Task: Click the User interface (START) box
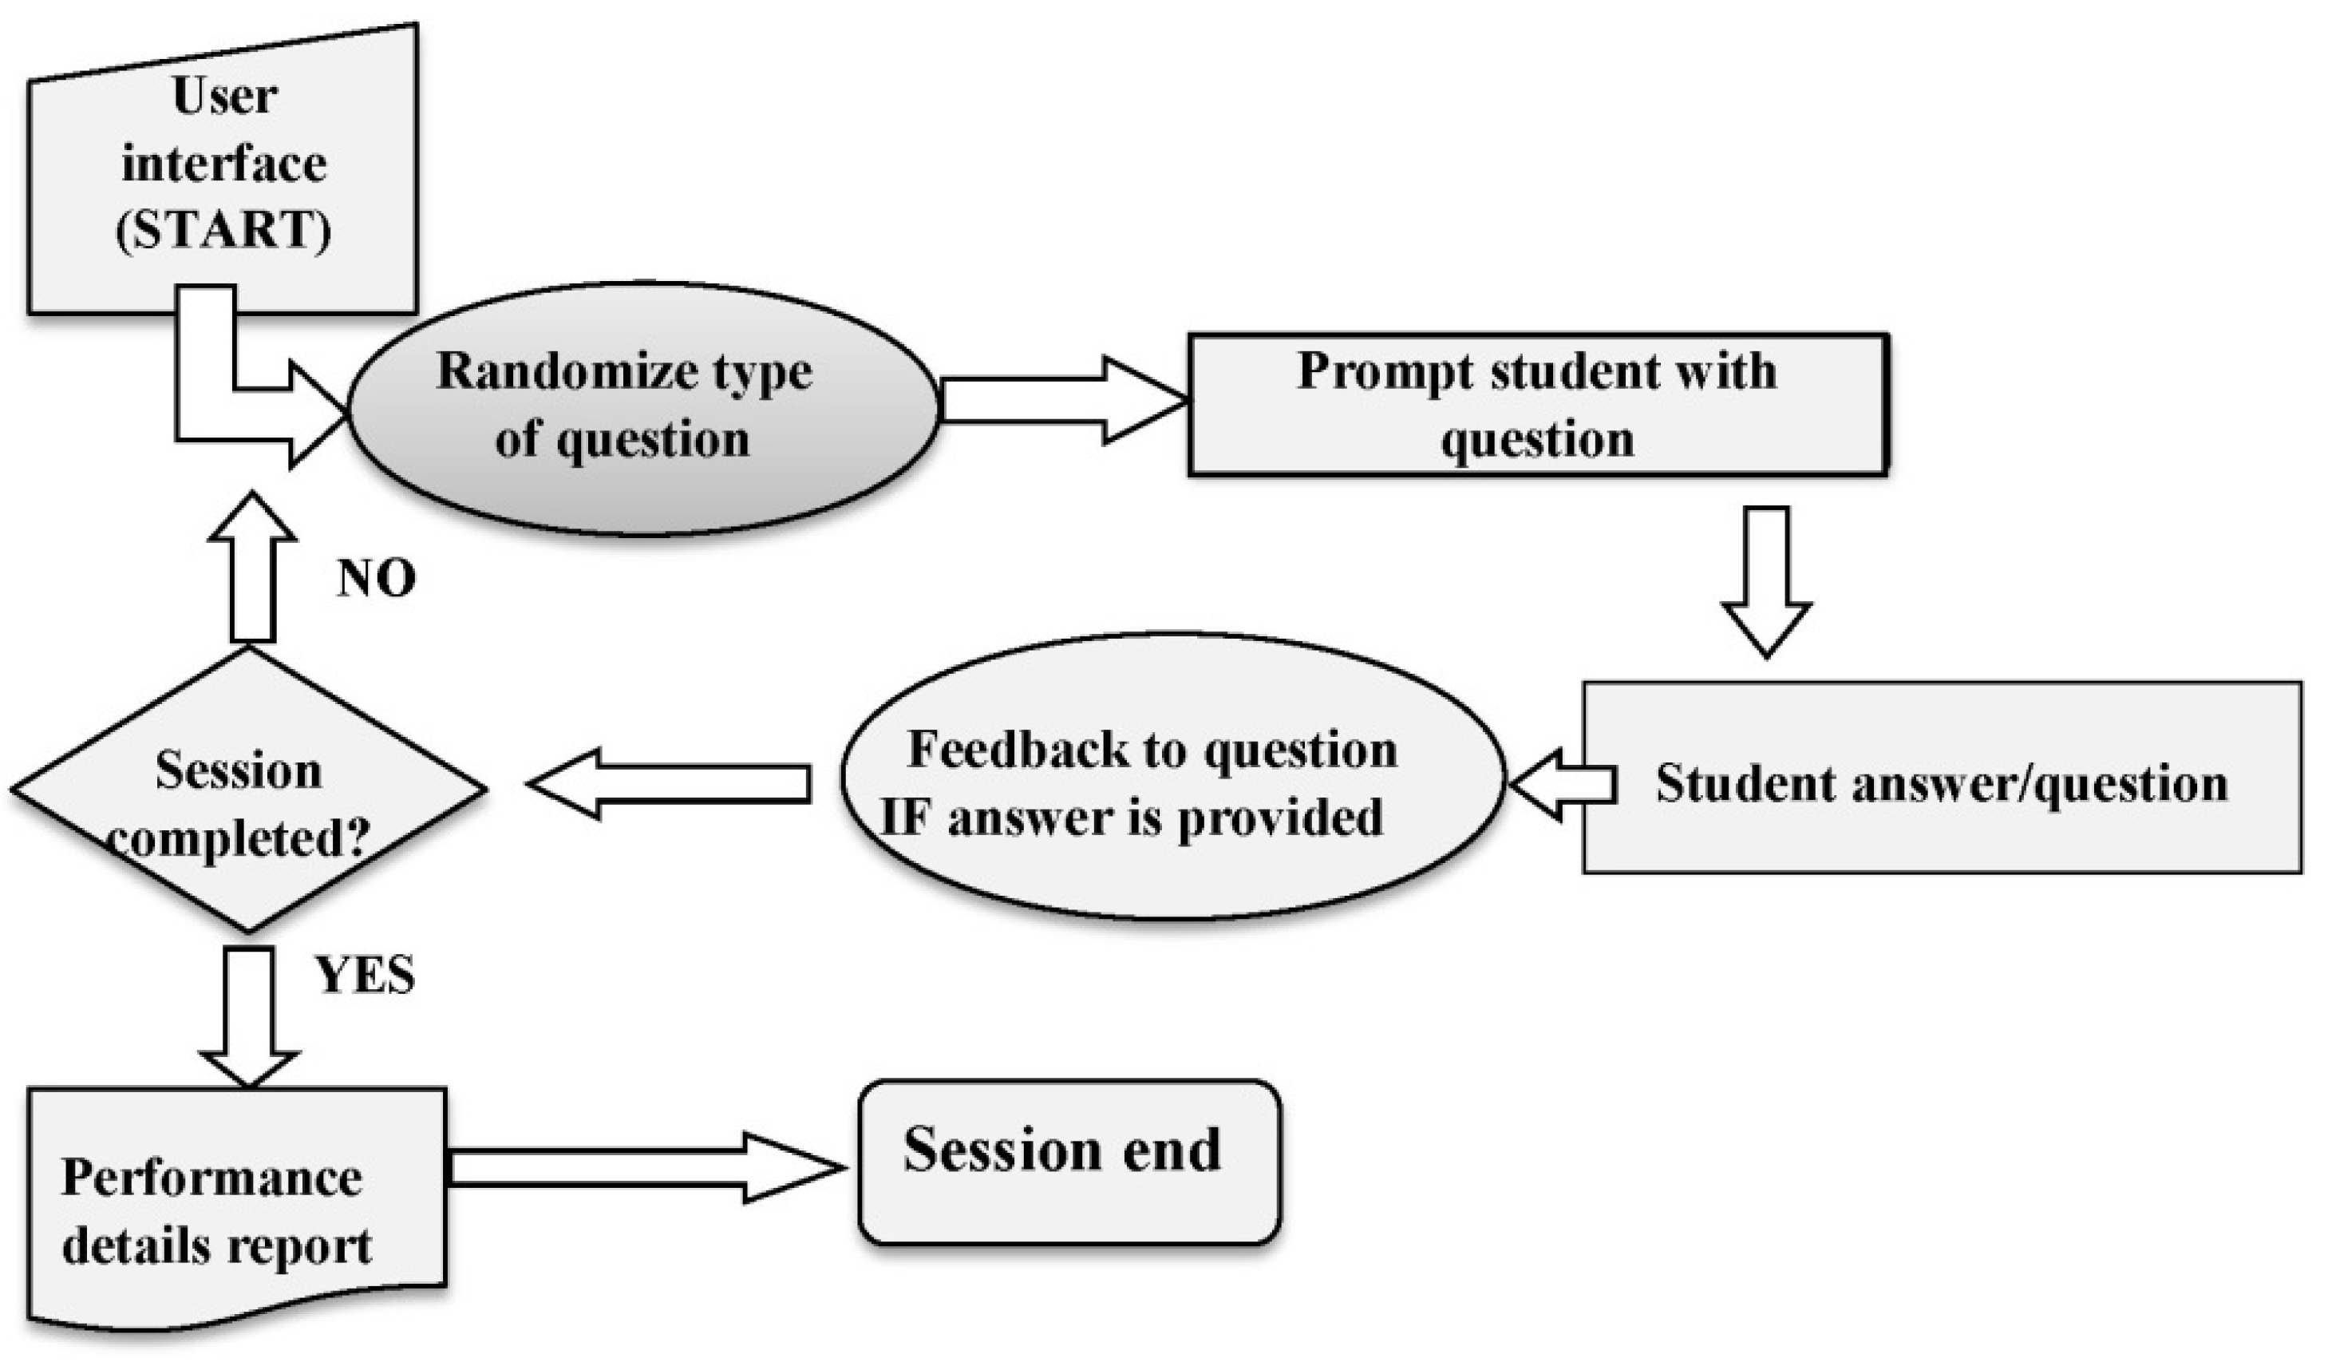click(223, 166)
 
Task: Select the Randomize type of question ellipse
click(644, 407)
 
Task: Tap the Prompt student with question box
click(1537, 405)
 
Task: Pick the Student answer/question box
click(1941, 777)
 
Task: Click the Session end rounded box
click(1069, 1162)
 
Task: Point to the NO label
click(376, 580)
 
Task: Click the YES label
click(366, 976)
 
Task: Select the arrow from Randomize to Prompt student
click(1061, 401)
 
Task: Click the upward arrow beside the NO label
click(252, 565)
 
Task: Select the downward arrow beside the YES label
click(250, 1015)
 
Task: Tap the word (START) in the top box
click(223, 229)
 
